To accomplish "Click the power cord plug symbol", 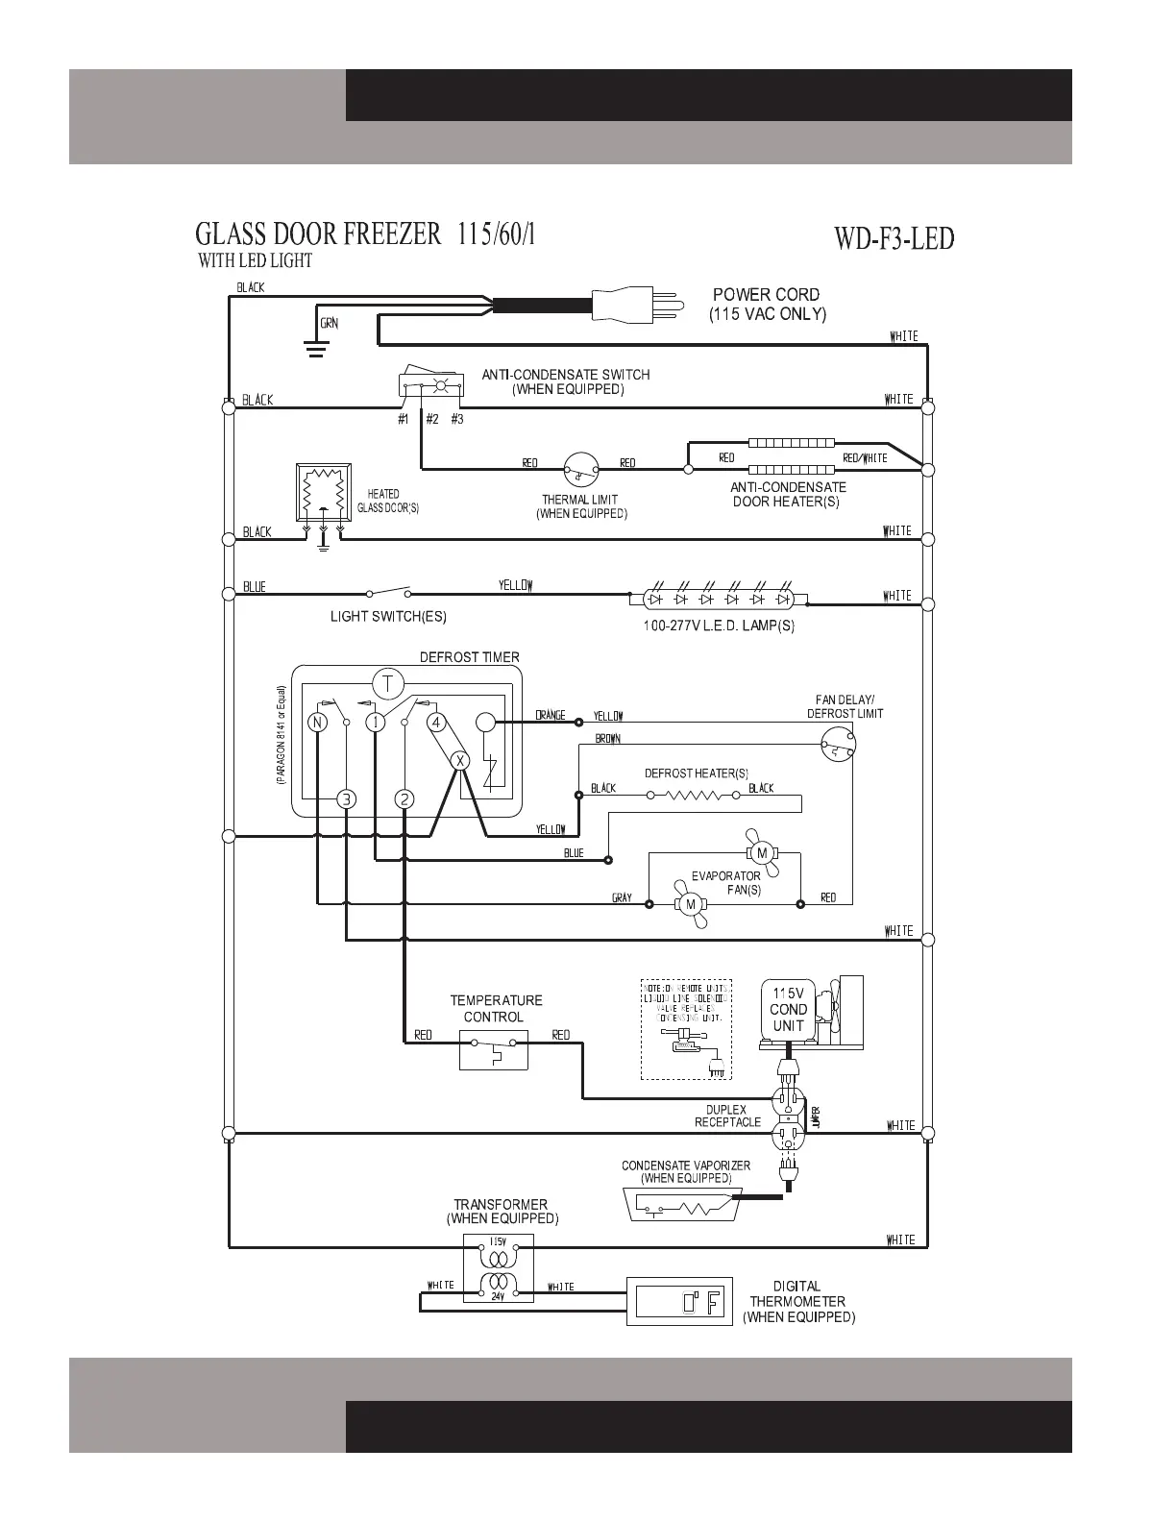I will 634,305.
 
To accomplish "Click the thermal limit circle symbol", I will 580,470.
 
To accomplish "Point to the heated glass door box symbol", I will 324,494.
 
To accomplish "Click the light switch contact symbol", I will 389,592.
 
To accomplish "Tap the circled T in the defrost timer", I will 388,685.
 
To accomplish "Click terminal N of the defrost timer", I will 317,723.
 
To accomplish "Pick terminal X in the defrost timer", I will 460,760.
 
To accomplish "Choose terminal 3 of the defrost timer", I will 346,799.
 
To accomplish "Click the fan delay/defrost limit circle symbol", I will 838,743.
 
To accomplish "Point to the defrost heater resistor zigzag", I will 698,796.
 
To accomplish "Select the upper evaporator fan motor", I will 762,853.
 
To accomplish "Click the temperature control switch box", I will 494,1049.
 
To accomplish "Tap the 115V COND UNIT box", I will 788,1010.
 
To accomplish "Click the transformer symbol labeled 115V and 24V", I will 498,1269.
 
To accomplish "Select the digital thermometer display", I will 678,1302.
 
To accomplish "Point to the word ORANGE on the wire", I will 551,716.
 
